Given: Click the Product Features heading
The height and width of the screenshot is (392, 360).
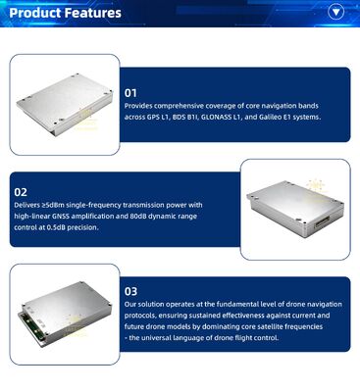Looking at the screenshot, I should pos(65,13).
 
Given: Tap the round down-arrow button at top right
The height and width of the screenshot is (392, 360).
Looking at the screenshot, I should pos(338,13).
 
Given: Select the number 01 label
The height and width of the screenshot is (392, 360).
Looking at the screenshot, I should pos(130,93).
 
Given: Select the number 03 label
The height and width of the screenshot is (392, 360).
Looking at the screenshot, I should pos(130,291).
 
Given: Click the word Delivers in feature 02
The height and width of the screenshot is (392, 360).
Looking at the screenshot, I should pos(26,207).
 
